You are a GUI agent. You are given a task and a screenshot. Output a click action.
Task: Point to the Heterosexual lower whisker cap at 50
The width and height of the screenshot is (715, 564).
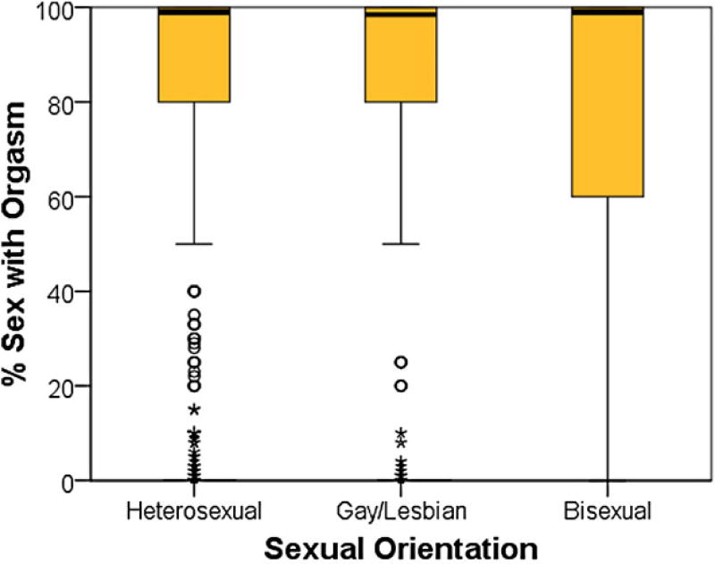[194, 244]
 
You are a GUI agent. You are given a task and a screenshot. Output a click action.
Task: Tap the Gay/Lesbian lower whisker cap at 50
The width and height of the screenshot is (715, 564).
[400, 244]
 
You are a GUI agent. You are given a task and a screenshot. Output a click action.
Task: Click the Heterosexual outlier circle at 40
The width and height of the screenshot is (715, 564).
[194, 291]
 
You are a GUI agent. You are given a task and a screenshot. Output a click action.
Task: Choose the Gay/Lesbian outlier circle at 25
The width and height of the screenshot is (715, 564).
[401, 362]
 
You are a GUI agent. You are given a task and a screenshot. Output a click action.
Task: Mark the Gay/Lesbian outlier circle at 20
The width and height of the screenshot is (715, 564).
[401, 386]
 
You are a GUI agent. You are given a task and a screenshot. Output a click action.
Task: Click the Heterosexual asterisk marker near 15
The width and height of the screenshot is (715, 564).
[194, 410]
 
